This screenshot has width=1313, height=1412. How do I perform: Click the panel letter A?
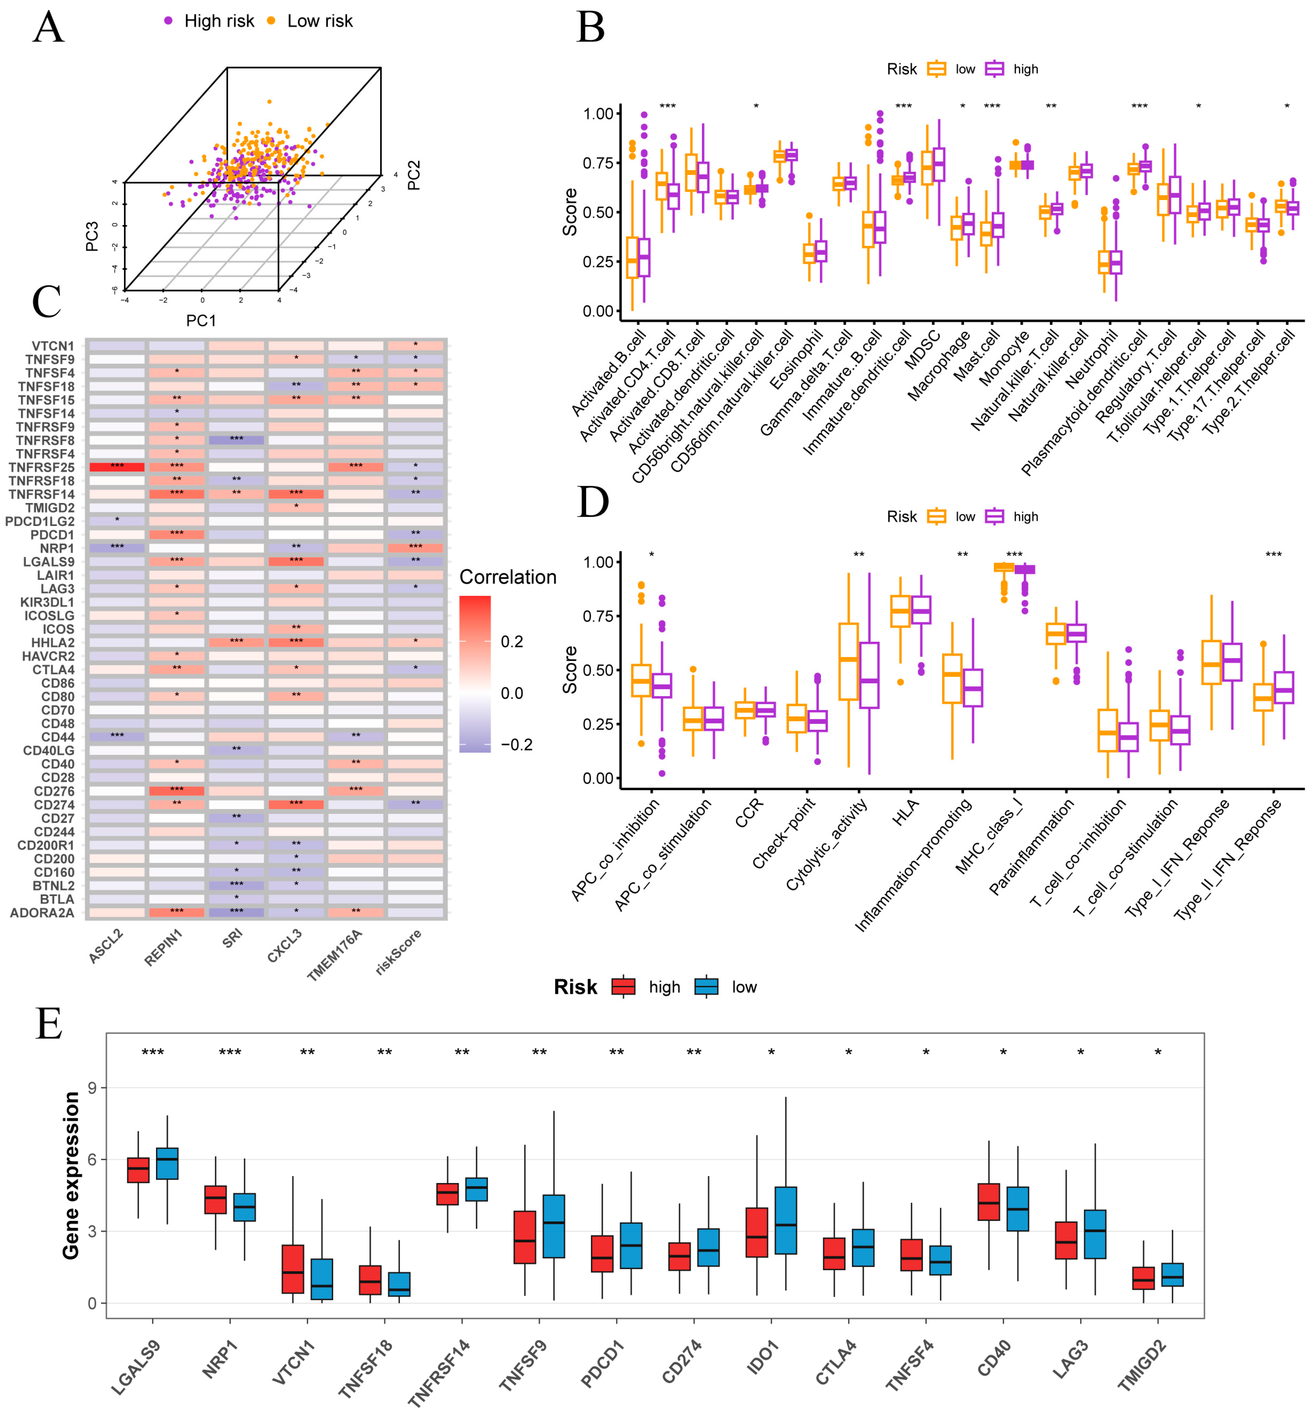[x=48, y=29]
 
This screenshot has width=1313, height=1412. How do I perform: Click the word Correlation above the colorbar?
[x=508, y=577]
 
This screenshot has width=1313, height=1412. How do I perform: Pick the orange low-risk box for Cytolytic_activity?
[x=848, y=661]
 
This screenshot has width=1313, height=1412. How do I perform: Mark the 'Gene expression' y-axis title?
[x=71, y=1175]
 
